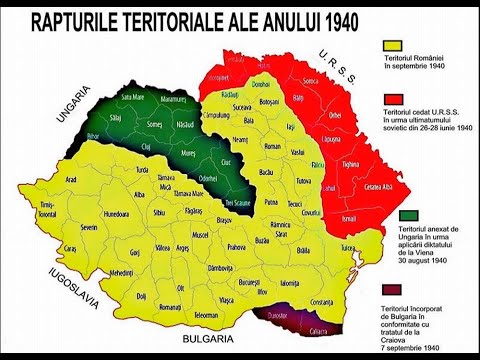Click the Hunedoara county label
(110, 213)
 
